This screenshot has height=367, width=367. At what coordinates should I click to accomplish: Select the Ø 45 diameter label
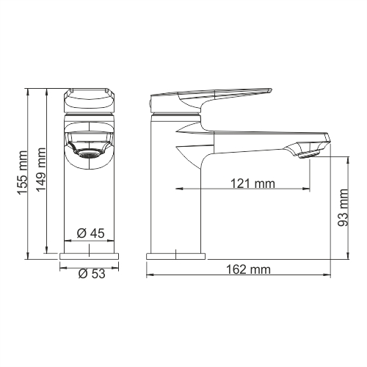click(90, 233)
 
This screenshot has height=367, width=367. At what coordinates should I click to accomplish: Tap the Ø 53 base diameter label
click(90, 274)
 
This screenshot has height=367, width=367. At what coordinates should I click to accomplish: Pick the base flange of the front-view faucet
click(89, 255)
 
